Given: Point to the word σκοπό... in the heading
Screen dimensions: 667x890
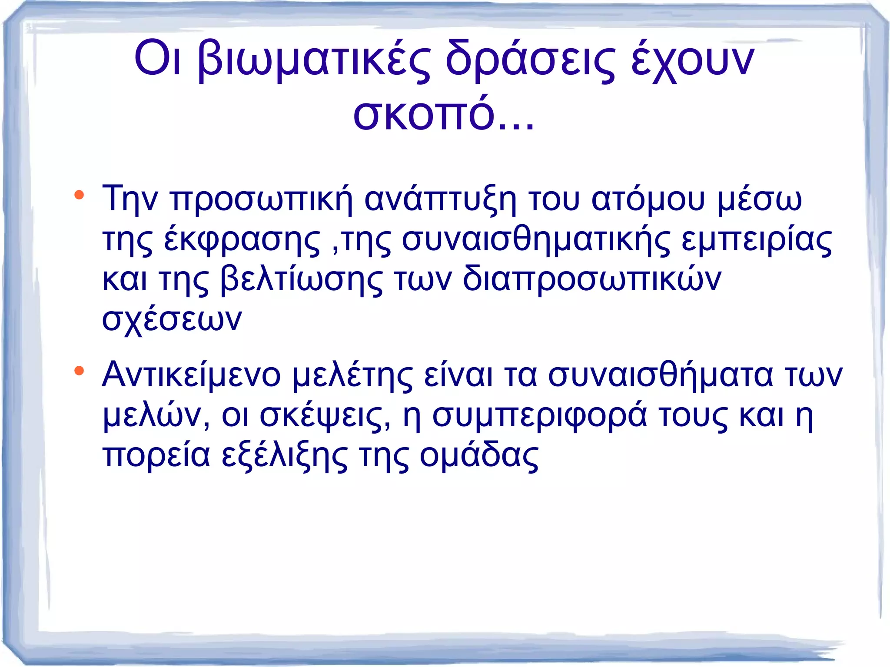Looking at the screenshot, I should point(444,114).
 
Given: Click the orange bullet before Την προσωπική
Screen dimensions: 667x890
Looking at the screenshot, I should point(79,195).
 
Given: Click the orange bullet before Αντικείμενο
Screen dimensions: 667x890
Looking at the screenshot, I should point(79,371).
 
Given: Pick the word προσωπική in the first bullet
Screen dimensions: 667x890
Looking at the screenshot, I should point(261,199).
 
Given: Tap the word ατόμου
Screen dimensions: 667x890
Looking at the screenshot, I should point(648,199).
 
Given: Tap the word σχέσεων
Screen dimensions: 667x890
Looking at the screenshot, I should point(172,319).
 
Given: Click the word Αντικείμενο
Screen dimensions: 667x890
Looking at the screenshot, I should point(192,375).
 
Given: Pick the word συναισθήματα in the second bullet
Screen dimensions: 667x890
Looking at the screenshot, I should point(661,375).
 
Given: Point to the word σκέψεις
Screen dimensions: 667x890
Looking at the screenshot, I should point(325,415).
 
